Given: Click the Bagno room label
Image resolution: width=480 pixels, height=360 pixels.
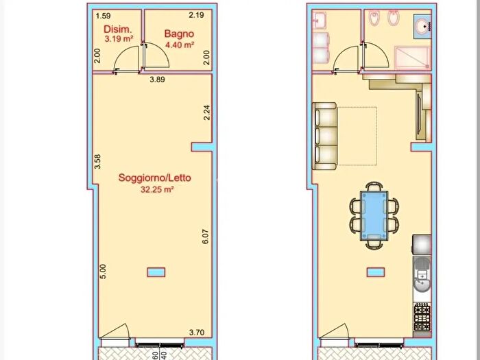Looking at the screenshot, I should (x=179, y=33).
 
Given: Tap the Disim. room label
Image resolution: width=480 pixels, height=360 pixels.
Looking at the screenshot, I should (x=117, y=29).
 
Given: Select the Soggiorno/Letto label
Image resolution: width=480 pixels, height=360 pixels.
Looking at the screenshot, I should (x=155, y=178).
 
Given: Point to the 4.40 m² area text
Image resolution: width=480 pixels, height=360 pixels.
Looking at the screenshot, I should (x=179, y=45).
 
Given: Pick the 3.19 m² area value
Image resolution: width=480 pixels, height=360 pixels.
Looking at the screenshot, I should (x=117, y=40).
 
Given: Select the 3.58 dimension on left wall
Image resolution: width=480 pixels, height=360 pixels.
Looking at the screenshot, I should (x=98, y=161).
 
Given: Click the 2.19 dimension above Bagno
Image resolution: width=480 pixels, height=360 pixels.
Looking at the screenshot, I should (x=197, y=14).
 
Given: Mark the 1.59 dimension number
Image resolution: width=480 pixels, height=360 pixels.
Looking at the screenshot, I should (x=104, y=14).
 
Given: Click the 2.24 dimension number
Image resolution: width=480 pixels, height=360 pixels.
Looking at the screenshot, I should (x=206, y=112).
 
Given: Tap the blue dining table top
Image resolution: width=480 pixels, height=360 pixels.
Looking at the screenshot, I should (x=374, y=214).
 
